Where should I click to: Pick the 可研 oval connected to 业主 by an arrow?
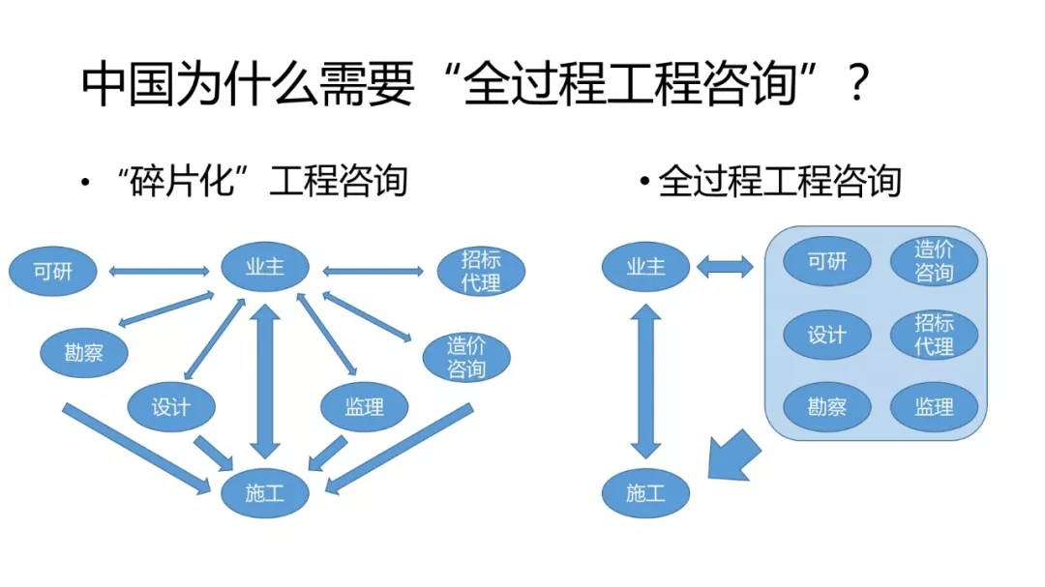click(x=53, y=272)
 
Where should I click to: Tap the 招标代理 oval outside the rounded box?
click(x=480, y=272)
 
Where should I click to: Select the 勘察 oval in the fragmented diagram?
click(x=83, y=353)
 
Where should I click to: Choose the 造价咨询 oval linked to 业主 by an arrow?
click(x=466, y=357)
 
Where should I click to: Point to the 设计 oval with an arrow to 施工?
click(x=171, y=407)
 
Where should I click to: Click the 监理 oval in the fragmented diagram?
click(x=364, y=407)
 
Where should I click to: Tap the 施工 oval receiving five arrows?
click(x=264, y=494)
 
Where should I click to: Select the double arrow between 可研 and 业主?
click(x=159, y=271)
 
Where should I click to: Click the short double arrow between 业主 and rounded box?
click(x=725, y=266)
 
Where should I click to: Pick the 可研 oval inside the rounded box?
click(x=826, y=261)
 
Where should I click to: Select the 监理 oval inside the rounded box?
click(x=934, y=406)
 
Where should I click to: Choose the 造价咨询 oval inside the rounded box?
click(x=934, y=261)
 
